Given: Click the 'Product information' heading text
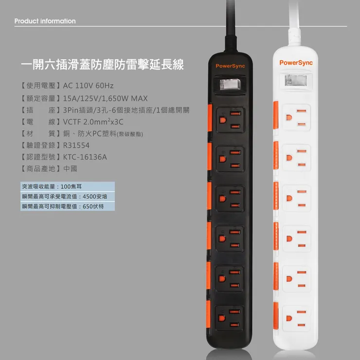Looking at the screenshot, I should point(45,21).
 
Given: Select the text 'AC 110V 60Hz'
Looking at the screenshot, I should point(88,86).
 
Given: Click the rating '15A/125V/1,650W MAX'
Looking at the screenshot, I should point(105,98).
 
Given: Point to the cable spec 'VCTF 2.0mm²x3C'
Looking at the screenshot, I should point(93,121).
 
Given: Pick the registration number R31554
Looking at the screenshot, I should point(76,145).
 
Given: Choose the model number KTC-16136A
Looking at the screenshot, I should point(85,157).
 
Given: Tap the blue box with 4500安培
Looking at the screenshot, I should point(67,197).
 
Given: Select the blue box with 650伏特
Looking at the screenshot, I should point(67,206).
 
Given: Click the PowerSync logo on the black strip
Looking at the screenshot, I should point(231,66).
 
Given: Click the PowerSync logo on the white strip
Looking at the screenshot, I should point(296,63).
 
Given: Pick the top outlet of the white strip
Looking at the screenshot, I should point(296,116).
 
